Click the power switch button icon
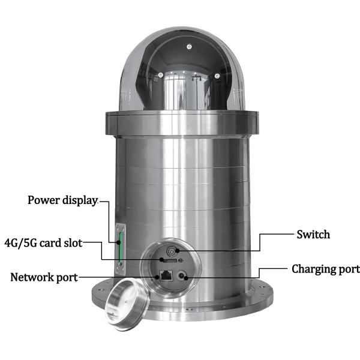[171, 251]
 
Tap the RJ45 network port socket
[166, 275]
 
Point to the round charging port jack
[181, 276]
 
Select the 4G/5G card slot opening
[170, 260]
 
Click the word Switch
[313, 235]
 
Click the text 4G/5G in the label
[20, 243]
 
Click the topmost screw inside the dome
[189, 47]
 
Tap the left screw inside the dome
[161, 75]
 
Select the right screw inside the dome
[217, 76]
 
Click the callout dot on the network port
[157, 277]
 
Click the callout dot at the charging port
[186, 278]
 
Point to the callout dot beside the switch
[177, 251]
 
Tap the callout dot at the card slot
[161, 260]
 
